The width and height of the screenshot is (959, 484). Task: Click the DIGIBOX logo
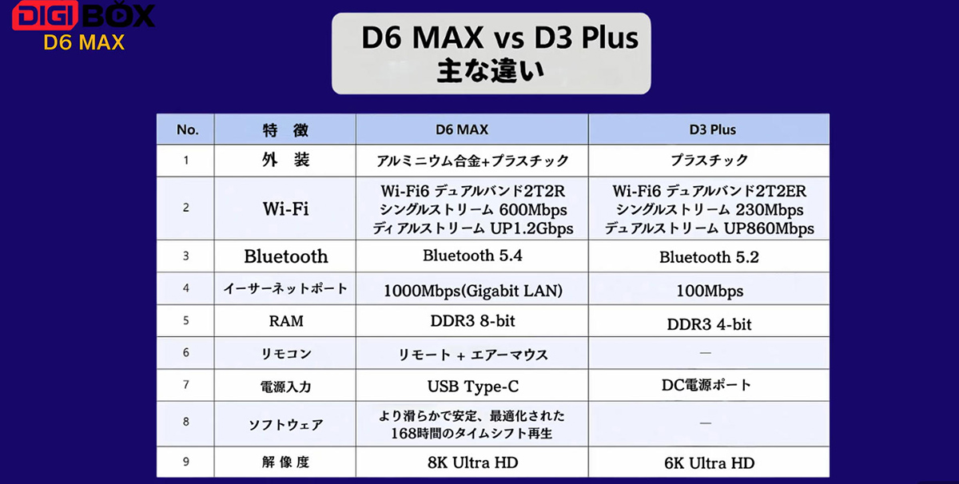(x=83, y=15)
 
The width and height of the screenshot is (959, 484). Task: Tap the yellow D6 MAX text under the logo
(x=84, y=43)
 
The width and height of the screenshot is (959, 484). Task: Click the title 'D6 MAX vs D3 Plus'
(x=499, y=38)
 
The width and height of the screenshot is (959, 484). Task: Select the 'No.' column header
(x=187, y=129)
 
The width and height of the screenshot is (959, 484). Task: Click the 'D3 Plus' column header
(x=712, y=129)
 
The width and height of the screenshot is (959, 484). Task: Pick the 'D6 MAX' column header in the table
(x=462, y=129)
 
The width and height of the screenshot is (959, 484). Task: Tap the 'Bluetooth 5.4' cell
(x=472, y=256)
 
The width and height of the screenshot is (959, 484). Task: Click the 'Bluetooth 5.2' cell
(x=709, y=257)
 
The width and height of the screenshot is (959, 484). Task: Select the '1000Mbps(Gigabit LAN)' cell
(x=472, y=291)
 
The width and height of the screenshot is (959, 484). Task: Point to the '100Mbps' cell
(x=710, y=291)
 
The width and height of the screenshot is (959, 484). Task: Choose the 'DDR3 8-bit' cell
(x=472, y=321)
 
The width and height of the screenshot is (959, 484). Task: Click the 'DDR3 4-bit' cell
(x=709, y=324)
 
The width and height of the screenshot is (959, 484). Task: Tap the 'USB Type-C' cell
(x=472, y=387)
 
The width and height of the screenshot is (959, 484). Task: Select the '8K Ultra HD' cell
(x=472, y=462)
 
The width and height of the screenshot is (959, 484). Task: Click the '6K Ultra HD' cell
(x=709, y=463)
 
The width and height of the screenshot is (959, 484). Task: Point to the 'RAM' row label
(x=286, y=321)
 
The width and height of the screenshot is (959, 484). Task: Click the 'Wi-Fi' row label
(x=285, y=208)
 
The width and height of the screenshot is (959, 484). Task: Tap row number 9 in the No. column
(x=185, y=462)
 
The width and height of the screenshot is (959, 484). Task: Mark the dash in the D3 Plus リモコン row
(x=705, y=353)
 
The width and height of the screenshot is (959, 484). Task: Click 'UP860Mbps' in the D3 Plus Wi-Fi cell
(x=769, y=228)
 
